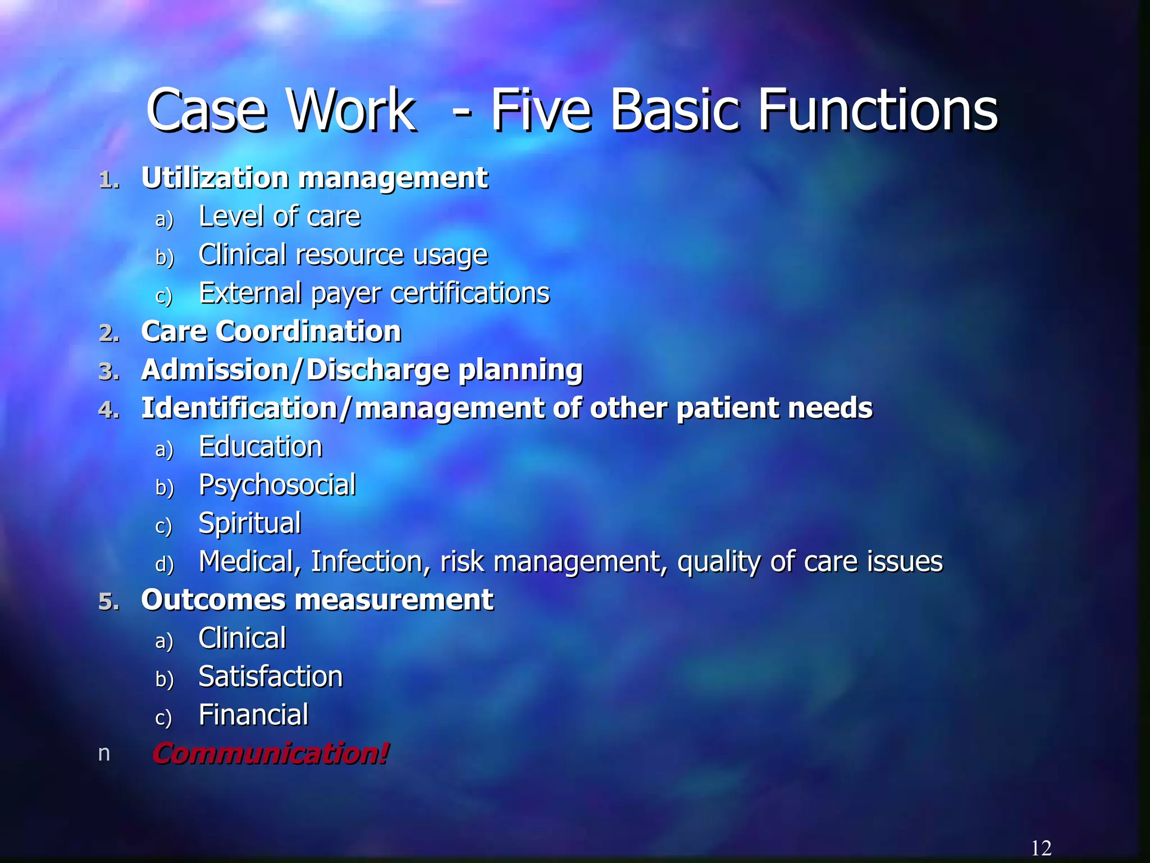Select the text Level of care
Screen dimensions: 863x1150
pos(280,216)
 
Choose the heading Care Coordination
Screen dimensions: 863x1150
pos(271,331)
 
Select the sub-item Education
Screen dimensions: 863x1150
pos(261,447)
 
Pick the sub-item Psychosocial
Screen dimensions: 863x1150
pos(277,485)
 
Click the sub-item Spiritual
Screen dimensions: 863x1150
pos(250,523)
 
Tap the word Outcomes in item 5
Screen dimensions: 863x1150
pos(213,599)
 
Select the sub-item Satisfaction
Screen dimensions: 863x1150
pos(271,676)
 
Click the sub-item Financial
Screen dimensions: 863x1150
pos(253,715)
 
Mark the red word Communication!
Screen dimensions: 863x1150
pos(270,753)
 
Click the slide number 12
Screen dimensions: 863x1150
pos(1041,848)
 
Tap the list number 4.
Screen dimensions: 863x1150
pos(109,410)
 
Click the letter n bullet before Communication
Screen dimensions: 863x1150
pos(104,753)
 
